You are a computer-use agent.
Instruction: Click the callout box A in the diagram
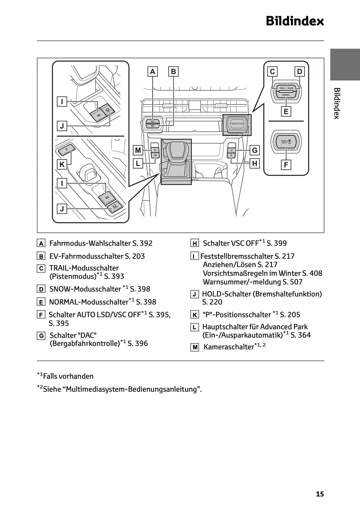pos(152,72)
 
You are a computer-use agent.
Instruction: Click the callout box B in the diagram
pos(173,72)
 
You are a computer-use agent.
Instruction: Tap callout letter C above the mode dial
pos(272,72)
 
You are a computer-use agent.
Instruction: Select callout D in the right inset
pos(299,72)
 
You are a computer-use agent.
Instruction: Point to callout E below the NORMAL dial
pos(286,111)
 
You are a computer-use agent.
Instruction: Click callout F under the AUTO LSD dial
pos(286,165)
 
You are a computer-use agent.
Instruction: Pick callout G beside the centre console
pos(255,150)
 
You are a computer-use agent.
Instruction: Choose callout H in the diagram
pos(255,163)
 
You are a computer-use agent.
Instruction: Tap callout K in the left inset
pos(62,164)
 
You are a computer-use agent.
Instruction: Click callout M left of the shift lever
pos(138,150)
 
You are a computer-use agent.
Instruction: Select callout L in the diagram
pos(138,163)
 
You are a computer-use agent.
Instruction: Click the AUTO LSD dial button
pos(286,142)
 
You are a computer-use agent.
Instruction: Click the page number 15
pos(320,494)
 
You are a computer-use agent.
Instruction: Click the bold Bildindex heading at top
pos(295,21)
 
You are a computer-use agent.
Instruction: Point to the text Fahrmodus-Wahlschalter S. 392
pos(101,243)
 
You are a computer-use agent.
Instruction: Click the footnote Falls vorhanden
pos(68,376)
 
